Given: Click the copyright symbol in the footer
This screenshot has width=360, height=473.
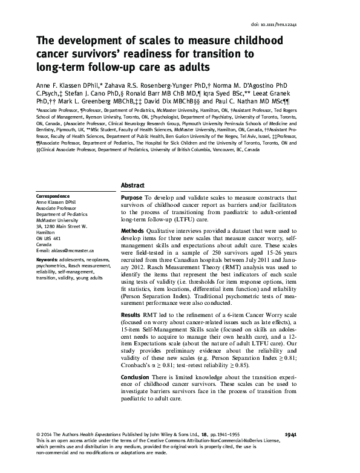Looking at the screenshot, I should click(39, 434).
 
